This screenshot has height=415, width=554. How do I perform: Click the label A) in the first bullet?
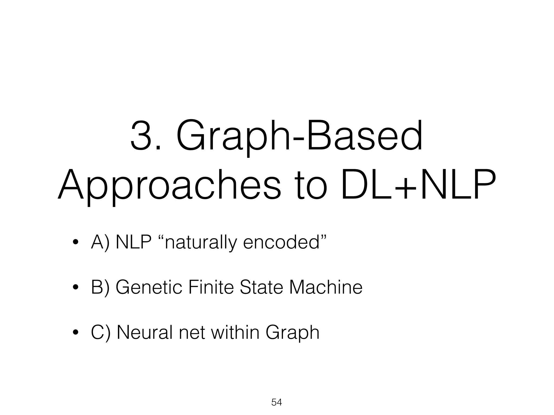[x=100, y=242]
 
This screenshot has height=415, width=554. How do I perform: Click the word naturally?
[x=199, y=243]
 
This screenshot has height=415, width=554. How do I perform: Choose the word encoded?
[x=283, y=242]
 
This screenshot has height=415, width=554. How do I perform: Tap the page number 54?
[x=277, y=402]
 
